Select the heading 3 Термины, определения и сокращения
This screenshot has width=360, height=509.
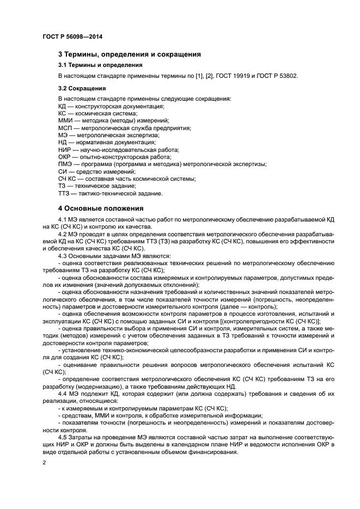coord(130,54)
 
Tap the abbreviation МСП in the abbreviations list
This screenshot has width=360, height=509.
coord(65,127)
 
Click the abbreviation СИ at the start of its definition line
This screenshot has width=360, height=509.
coord(62,171)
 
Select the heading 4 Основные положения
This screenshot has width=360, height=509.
coord(101,208)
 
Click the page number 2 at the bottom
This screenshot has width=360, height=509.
coord(44,463)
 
